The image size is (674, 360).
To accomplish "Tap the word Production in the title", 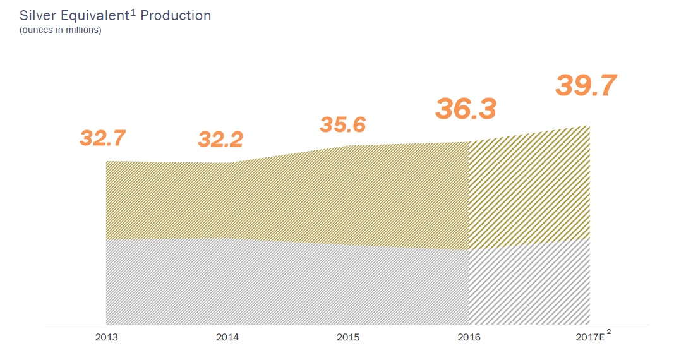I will (x=176, y=15).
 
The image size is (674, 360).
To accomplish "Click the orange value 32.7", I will (x=103, y=138).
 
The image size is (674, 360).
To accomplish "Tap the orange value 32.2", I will (x=220, y=140).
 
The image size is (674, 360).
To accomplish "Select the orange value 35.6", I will (x=342, y=124).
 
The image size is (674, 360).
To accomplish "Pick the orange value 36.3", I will (x=466, y=109).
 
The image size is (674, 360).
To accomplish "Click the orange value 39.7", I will (x=586, y=86).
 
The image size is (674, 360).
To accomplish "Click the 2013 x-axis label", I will (x=106, y=337).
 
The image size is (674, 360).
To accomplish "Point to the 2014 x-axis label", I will (x=227, y=337).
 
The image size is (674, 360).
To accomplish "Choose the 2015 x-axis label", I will (x=348, y=337).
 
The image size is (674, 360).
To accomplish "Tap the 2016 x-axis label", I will (x=469, y=337).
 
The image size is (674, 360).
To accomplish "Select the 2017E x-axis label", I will (x=589, y=337).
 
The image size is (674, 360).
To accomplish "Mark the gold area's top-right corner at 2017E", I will (x=589, y=126).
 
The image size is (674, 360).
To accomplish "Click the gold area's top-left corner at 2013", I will (x=106, y=161).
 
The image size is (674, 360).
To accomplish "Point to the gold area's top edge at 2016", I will (x=469, y=141).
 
